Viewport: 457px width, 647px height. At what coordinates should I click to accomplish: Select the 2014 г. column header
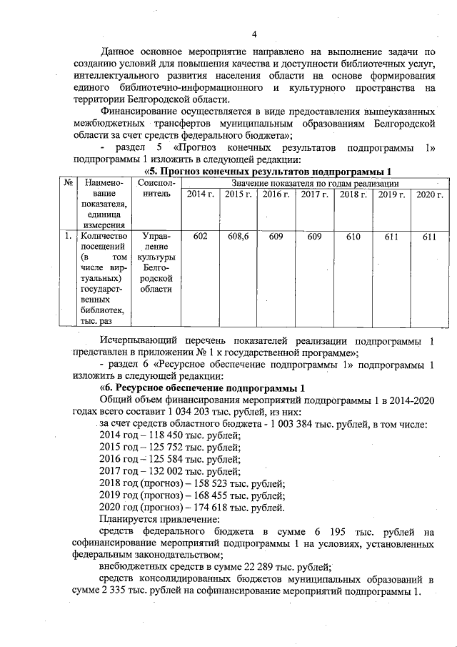click(x=200, y=195)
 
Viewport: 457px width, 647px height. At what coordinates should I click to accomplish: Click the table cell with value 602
click(x=200, y=237)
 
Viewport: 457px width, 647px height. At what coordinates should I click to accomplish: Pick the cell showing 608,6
click(x=237, y=237)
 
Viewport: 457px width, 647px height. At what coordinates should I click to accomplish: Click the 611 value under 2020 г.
click(x=428, y=237)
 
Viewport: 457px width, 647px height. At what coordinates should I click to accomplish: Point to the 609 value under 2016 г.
click(x=276, y=237)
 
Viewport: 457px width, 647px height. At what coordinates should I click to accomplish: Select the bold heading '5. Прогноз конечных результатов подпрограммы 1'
click(x=270, y=172)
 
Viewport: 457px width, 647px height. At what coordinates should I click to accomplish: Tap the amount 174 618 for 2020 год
click(x=209, y=508)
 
